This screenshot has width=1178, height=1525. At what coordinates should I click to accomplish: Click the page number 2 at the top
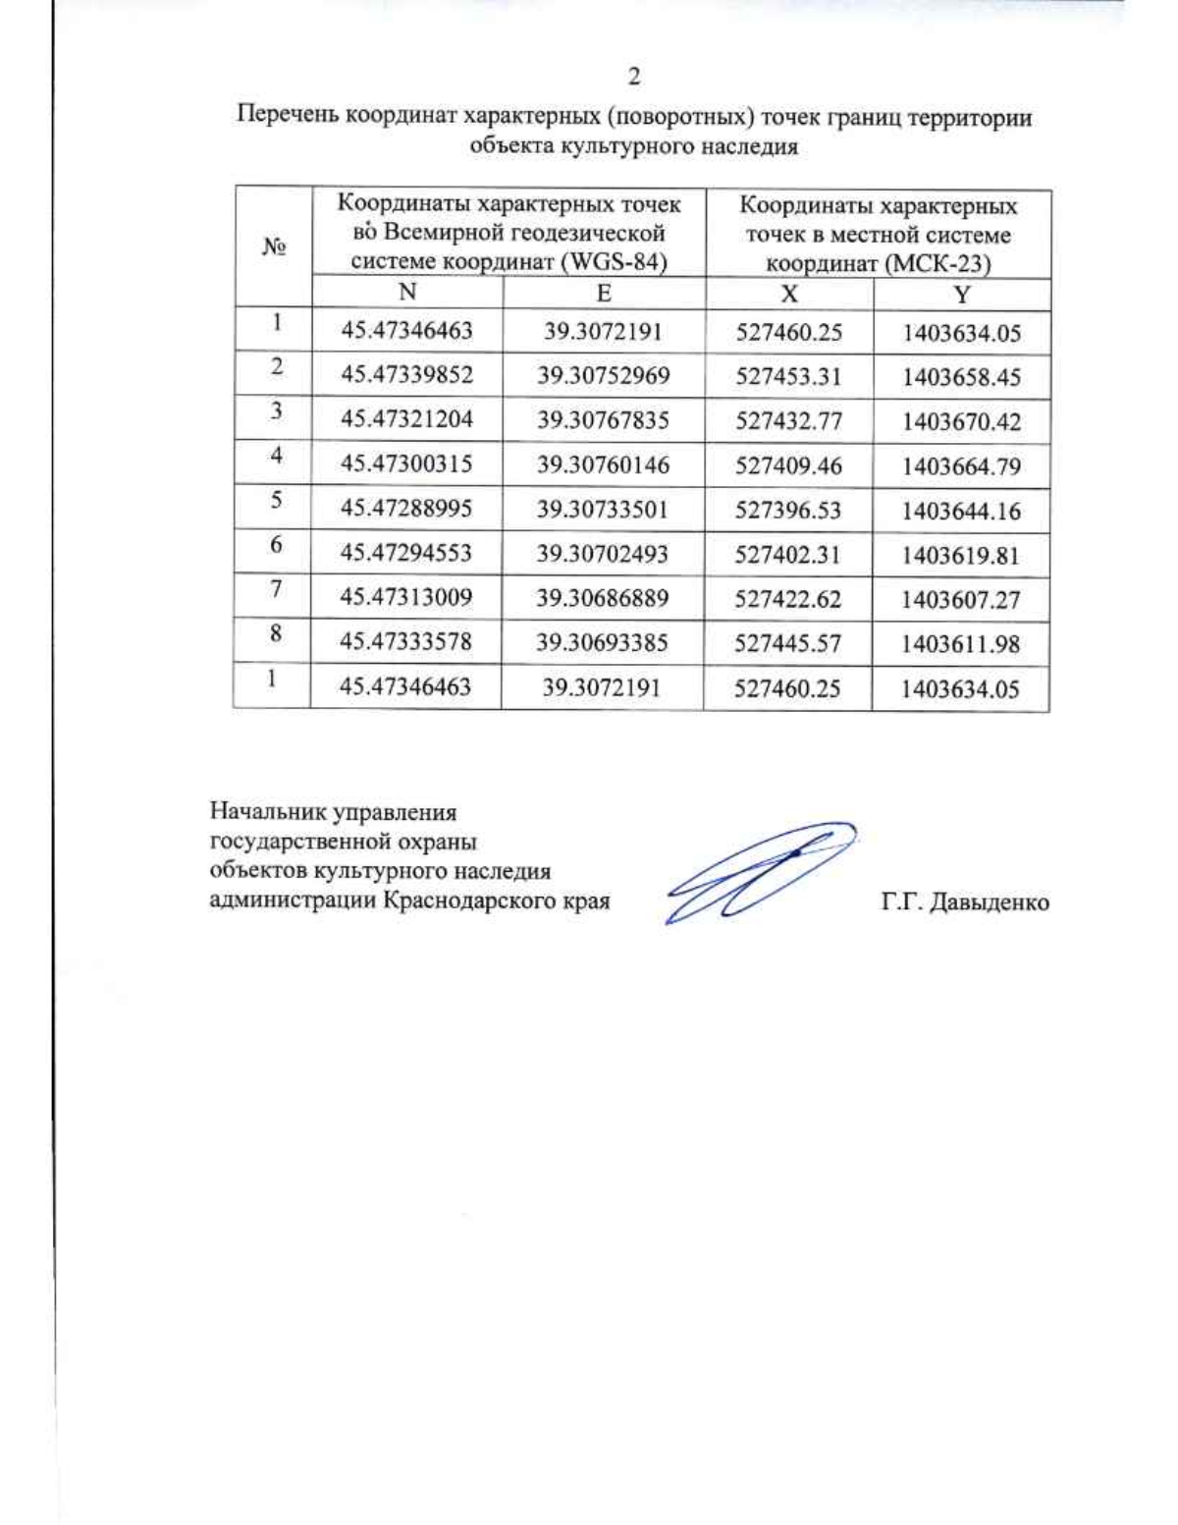(633, 77)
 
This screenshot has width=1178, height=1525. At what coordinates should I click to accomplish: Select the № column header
(273, 247)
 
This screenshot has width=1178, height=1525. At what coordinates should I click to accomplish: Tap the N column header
(406, 293)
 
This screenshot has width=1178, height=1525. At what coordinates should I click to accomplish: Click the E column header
(604, 294)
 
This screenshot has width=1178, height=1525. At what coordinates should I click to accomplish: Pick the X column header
(788, 295)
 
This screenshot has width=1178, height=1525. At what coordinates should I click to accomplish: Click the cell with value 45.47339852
(406, 375)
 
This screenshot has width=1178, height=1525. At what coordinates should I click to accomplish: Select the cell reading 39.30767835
(603, 420)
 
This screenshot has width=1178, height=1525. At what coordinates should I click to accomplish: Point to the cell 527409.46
(788, 465)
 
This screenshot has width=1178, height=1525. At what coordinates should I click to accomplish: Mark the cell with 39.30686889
(603, 598)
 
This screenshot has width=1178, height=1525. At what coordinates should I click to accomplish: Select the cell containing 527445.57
(788, 643)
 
